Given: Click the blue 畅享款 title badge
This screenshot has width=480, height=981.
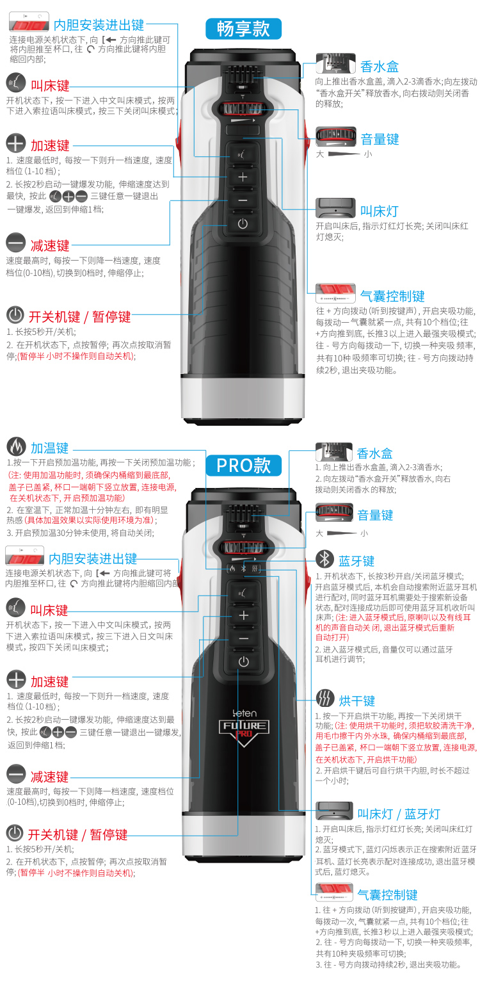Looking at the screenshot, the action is (x=243, y=29).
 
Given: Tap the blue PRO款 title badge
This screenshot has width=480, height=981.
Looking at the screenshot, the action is (x=243, y=465).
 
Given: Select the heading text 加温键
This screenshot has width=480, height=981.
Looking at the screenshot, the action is (x=49, y=448).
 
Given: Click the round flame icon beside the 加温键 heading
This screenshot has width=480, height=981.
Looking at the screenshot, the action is (x=16, y=446).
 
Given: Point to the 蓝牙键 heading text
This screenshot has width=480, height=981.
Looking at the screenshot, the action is (x=356, y=561).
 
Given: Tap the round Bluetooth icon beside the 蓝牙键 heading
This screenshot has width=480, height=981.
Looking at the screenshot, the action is (x=324, y=559).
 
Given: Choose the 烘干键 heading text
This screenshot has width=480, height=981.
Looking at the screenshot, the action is (x=356, y=701).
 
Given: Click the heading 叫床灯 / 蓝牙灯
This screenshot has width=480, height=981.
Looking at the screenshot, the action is (x=398, y=814).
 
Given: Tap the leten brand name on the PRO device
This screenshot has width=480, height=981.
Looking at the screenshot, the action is (x=244, y=713).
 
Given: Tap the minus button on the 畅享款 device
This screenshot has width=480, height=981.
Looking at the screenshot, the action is (x=243, y=200).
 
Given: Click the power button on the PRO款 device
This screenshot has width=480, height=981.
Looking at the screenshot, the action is (x=244, y=661).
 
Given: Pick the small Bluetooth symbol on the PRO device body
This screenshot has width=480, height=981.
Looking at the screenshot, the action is (x=244, y=569).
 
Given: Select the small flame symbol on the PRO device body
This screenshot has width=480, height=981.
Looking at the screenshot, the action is (x=232, y=569).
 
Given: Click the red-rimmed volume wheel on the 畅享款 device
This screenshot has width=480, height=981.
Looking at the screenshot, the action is (x=242, y=108).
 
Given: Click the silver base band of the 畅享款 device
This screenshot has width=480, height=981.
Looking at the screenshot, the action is (x=243, y=397).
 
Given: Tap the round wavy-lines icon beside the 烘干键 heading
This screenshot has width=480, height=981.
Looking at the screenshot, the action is (x=324, y=698).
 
